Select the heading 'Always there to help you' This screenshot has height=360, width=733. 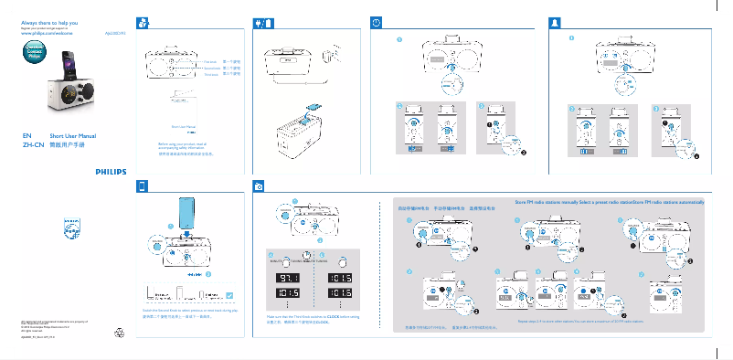[48, 19]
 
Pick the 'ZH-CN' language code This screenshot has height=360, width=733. [32, 144]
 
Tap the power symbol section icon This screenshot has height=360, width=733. [377, 21]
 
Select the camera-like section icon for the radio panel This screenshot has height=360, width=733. [260, 185]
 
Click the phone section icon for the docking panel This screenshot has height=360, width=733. [142, 185]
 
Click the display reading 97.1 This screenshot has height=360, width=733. [287, 276]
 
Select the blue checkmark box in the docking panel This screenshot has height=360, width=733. [229, 294]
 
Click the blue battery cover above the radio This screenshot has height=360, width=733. [313, 106]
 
